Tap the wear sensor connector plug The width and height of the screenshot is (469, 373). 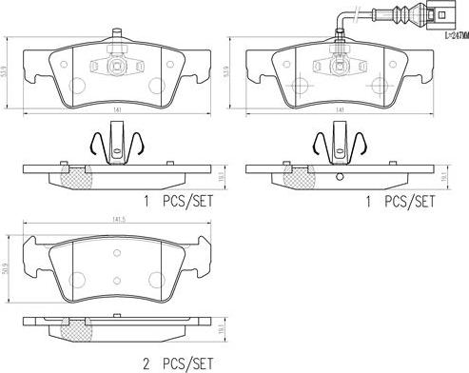click(433, 15)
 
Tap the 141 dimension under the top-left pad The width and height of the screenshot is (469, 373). click(115, 110)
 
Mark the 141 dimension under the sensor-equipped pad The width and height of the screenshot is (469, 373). click(339, 110)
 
